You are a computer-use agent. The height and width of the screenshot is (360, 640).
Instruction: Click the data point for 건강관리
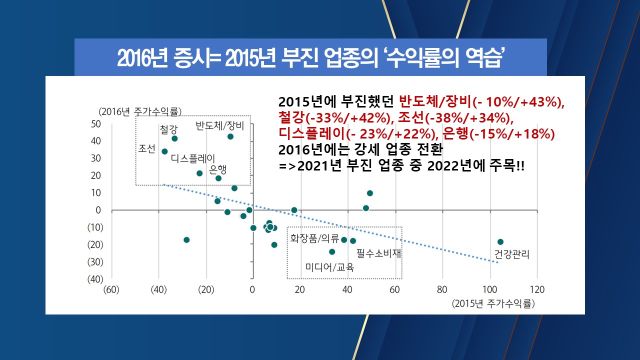coord(500,242)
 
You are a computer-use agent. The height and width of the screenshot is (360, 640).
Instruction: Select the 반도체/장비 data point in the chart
coord(230,136)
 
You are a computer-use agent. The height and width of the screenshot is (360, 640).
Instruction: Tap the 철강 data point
coord(174,138)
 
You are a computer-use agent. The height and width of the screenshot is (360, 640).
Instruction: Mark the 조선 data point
coord(164,151)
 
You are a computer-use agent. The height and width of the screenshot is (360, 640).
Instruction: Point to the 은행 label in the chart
coord(218,169)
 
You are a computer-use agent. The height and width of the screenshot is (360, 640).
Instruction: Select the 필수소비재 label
coord(379,253)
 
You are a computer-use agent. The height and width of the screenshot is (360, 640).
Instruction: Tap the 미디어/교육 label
coord(330,267)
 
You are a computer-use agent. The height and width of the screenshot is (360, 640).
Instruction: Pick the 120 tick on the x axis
coord(536,289)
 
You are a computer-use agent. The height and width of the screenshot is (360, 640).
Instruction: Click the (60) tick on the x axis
coord(111,289)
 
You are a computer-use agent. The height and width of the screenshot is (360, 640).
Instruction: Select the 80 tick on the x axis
coord(442,289)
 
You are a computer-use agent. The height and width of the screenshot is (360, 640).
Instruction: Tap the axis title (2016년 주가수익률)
coord(140,111)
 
